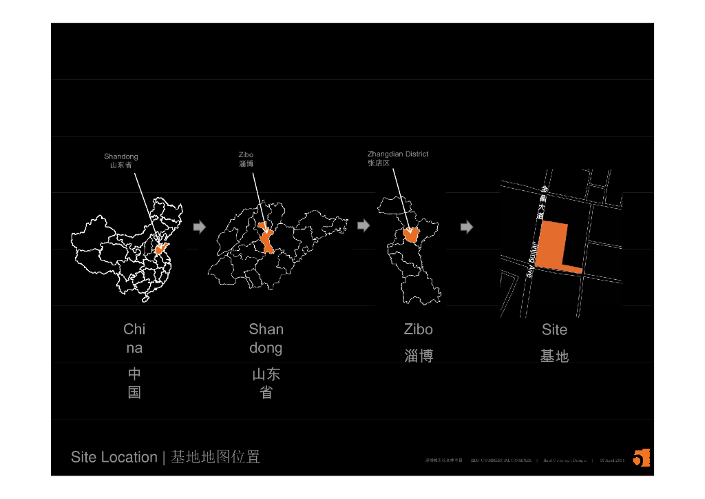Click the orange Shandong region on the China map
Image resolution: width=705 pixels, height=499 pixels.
pos(163,248)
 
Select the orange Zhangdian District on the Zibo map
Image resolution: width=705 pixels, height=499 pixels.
pos(412,234)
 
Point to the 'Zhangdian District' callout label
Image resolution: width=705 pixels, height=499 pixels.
pos(398,154)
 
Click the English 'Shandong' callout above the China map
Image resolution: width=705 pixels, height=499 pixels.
pos(121,156)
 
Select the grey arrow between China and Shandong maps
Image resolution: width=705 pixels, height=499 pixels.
pos(199,227)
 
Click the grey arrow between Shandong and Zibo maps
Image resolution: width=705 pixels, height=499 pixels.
pos(364,226)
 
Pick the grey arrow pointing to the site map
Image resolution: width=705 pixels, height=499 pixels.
pos(466,227)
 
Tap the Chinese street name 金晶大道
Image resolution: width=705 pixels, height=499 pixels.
pos(543,202)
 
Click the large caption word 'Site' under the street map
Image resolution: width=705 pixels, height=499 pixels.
pos(554,329)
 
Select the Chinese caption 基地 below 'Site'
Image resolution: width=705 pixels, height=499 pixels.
pos(554,356)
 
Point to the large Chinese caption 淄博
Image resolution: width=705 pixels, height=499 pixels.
pos(419,356)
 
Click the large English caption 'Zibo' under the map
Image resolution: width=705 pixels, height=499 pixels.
pos(419,329)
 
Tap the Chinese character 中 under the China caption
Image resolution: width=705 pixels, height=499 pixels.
pos(134,374)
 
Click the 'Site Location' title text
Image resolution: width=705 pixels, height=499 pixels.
pos(114,457)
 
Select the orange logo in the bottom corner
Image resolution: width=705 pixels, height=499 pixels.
pos(641,458)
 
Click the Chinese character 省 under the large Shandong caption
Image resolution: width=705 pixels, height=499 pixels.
pos(266,393)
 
